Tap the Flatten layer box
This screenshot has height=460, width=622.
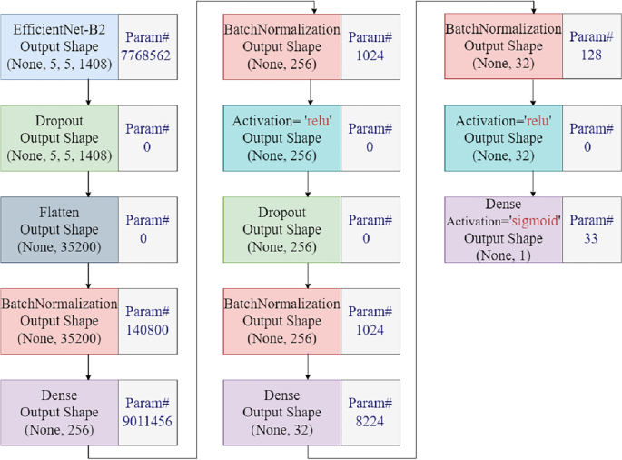click(59, 229)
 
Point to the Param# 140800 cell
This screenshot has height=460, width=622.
click(147, 321)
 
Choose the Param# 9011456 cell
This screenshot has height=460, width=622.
click(147, 412)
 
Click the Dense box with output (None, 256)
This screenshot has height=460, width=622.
click(59, 412)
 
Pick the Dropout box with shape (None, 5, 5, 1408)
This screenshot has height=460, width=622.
click(59, 138)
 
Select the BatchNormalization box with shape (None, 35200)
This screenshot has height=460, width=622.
click(59, 321)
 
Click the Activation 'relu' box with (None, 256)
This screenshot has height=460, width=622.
click(281, 138)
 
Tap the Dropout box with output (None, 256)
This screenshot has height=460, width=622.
click(281, 229)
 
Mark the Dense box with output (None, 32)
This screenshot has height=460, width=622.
click(281, 412)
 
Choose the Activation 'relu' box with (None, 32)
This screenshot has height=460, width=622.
click(502, 138)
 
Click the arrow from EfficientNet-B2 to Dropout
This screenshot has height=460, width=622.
click(88, 93)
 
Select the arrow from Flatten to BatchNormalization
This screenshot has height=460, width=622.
click(88, 275)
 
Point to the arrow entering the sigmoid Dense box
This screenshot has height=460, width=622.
click(532, 184)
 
